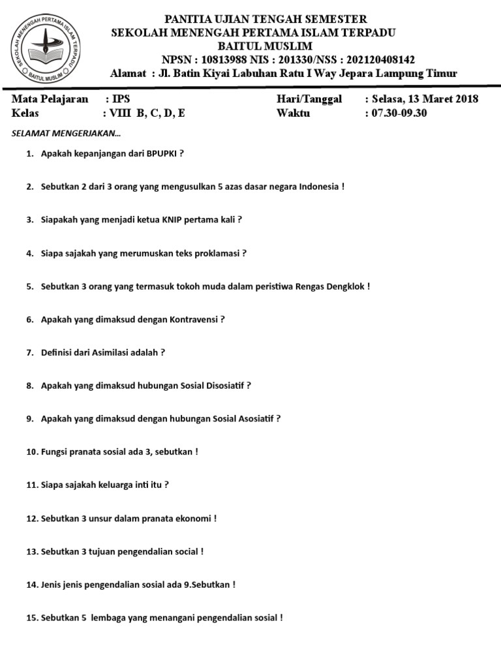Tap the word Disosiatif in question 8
click(x=220, y=386)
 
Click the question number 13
click(x=32, y=552)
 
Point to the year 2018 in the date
click(x=466, y=99)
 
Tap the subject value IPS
click(x=121, y=99)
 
